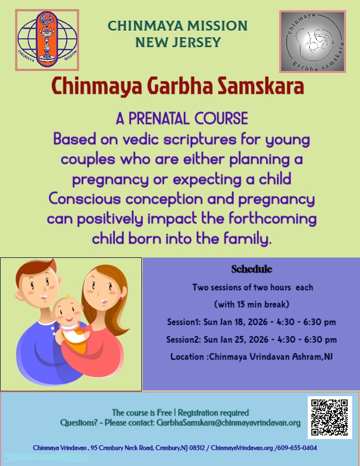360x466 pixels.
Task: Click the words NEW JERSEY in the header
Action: pyautogui.click(x=178, y=42)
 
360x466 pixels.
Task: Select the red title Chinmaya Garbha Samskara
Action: pyautogui.click(x=178, y=86)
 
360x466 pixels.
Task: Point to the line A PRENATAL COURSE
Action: pyautogui.click(x=181, y=119)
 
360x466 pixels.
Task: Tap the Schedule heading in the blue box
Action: pyautogui.click(x=251, y=269)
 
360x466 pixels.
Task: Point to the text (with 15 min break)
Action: pyautogui.click(x=251, y=304)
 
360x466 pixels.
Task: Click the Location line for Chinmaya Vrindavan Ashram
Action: pyautogui.click(x=251, y=357)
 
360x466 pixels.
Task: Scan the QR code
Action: pyautogui.click(x=329, y=417)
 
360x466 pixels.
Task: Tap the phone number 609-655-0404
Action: pyautogui.click(x=297, y=447)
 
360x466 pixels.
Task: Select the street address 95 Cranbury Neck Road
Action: pyautogui.click(x=122, y=447)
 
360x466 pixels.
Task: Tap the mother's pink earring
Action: pyautogui.click(x=122, y=298)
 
